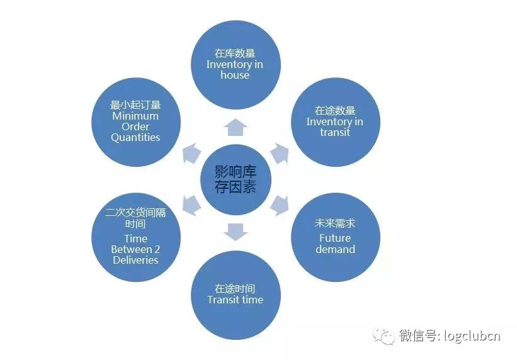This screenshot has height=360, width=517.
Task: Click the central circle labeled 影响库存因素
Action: click(x=236, y=179)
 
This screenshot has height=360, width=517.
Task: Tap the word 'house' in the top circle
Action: click(x=235, y=75)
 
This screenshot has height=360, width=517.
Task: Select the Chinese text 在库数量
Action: click(x=235, y=53)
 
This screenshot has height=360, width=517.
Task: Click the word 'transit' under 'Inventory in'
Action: click(x=334, y=132)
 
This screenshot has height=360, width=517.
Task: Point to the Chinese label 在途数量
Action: click(x=334, y=110)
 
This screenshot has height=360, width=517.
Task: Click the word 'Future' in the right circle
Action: click(x=335, y=238)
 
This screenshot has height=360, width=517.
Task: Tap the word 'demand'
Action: click(x=335, y=249)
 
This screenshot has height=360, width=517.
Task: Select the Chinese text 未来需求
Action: click(x=335, y=223)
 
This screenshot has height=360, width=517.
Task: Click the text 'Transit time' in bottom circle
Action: click(x=235, y=300)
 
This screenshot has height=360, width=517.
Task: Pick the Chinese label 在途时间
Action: click(x=235, y=288)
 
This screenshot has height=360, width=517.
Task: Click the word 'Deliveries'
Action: click(x=135, y=260)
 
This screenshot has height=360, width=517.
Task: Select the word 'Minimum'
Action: click(x=135, y=116)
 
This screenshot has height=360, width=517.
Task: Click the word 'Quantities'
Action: click(x=135, y=137)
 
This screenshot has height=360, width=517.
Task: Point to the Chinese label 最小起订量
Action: click(x=135, y=104)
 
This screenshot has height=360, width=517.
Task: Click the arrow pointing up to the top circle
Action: click(x=236, y=127)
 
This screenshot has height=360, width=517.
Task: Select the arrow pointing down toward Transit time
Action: click(x=236, y=232)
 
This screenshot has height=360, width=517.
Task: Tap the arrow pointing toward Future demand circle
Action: click(x=279, y=205)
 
